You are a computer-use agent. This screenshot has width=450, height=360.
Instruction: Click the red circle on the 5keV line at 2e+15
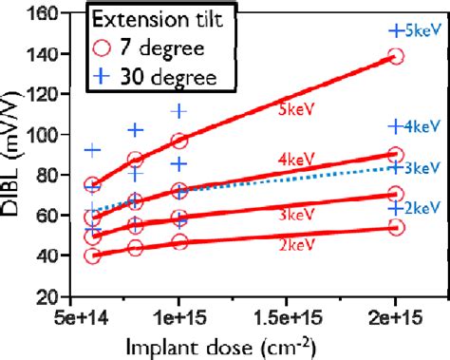coord(396,56)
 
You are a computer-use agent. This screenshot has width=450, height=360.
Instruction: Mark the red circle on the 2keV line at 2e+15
coord(396,227)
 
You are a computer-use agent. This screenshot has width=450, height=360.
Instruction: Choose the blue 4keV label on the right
coord(423,126)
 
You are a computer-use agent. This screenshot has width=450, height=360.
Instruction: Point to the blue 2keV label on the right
coord(423,208)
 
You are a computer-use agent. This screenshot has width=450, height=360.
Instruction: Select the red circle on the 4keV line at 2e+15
coord(396,155)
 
